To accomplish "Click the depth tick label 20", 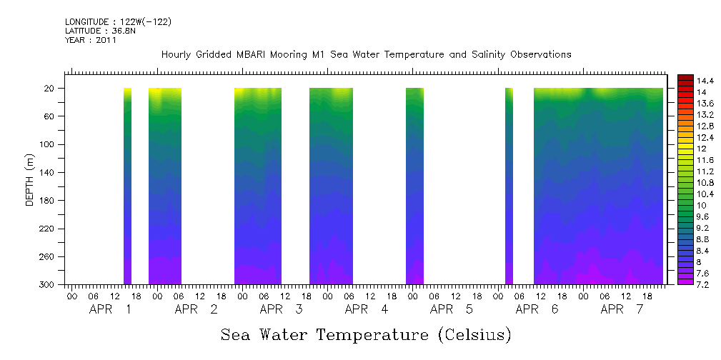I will click(51, 89).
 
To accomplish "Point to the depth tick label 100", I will click(49, 144).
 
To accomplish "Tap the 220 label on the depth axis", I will click(49, 229).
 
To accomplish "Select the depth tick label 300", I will click(49, 285).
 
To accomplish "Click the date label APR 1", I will click(111, 309).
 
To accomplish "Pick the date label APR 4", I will click(367, 309).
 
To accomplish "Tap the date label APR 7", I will click(622, 309).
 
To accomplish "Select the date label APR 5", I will click(452, 309).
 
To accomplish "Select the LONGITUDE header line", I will click(118, 22).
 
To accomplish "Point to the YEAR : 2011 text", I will click(90, 40).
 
